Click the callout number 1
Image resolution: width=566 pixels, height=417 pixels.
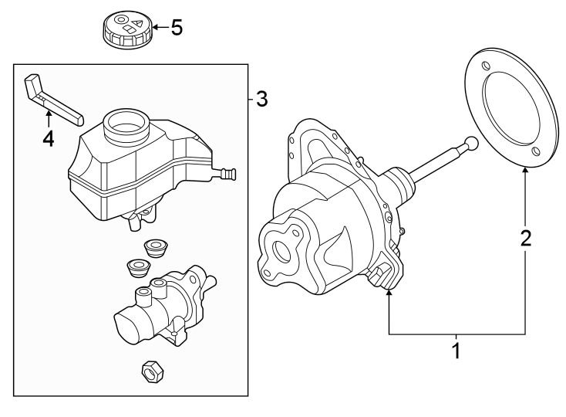[x=456, y=351]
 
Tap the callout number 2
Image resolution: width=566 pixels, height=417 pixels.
[x=526, y=238]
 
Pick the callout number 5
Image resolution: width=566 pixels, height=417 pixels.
[x=177, y=29]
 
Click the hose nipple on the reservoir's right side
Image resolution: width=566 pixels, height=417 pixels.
[x=228, y=174]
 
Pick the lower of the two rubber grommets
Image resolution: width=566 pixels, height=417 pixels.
[x=138, y=268]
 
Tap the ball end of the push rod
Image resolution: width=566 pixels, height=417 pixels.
[x=470, y=144]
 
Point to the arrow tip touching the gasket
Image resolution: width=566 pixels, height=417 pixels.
[x=526, y=169]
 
